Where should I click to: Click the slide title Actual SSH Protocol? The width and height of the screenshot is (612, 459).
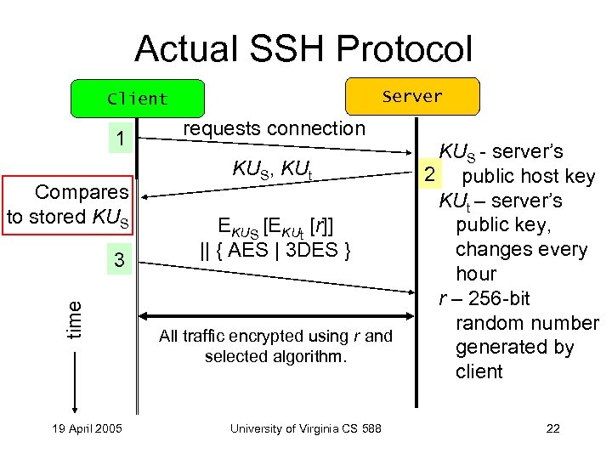click(303, 48)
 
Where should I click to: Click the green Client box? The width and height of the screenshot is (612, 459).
click(138, 99)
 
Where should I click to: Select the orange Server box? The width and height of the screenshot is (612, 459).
click(412, 96)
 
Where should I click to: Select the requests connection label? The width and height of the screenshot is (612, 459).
click(275, 128)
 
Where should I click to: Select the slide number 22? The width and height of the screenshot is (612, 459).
click(552, 428)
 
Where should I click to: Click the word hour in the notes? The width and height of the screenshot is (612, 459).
click(476, 274)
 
